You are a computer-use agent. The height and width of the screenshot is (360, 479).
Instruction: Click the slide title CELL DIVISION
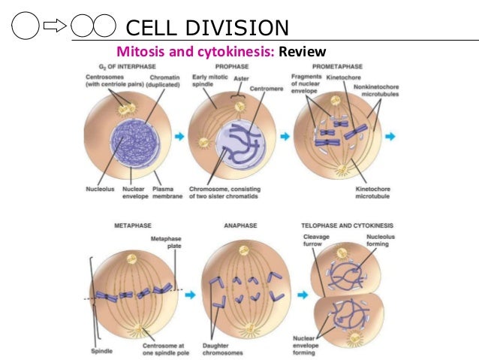point(206,28)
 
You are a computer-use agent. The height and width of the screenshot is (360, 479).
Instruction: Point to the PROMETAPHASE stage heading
point(335,67)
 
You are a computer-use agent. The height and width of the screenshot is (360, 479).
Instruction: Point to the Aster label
point(239,78)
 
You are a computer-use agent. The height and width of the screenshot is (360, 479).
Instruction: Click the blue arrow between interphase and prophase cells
point(179,138)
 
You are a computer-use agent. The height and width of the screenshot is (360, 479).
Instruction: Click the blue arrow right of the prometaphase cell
point(391,138)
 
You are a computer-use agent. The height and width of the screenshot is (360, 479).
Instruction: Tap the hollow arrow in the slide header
point(56,28)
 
